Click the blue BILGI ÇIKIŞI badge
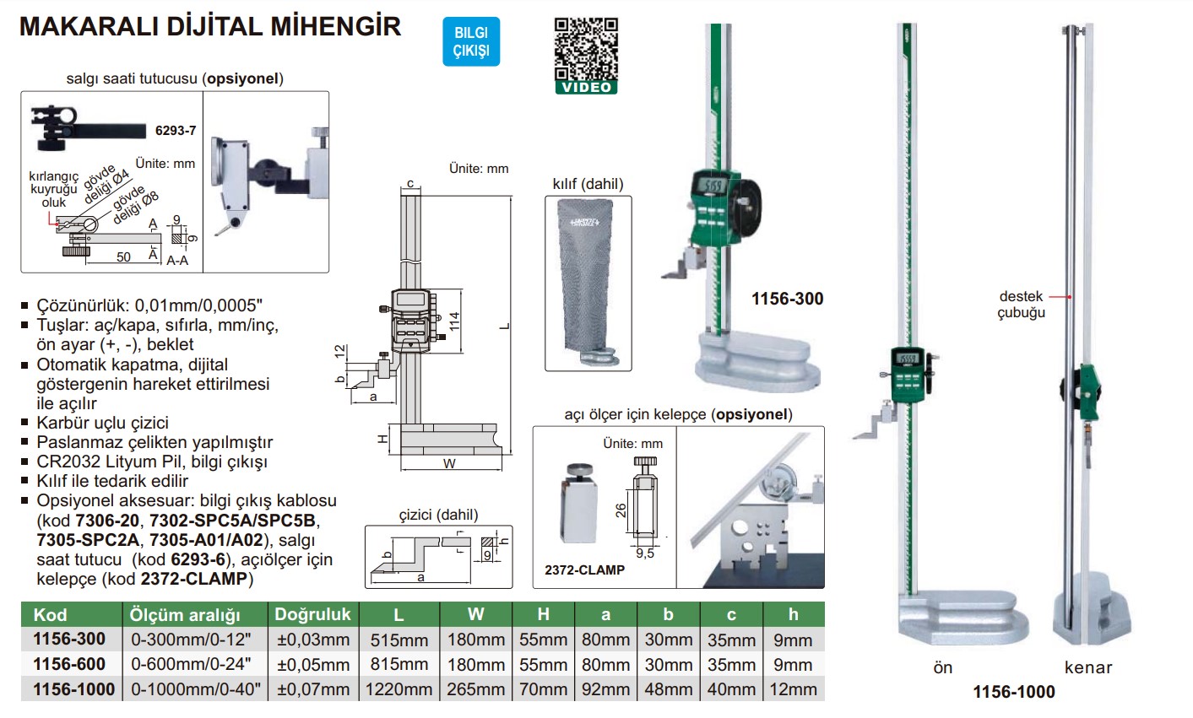(x=471, y=41)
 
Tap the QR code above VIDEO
(x=586, y=49)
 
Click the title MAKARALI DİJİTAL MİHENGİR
(x=209, y=26)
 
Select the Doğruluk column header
(x=312, y=614)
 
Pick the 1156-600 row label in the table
(x=69, y=664)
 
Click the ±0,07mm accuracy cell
(x=312, y=689)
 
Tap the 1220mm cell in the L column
(x=399, y=689)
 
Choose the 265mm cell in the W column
(x=475, y=689)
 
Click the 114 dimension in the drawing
(x=455, y=321)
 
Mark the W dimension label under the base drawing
(x=449, y=463)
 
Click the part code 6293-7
(x=176, y=131)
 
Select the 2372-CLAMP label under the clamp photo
(x=584, y=570)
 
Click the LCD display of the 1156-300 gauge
(x=714, y=186)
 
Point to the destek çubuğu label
(x=1021, y=305)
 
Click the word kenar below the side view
(x=1088, y=667)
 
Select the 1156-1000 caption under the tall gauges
(x=1013, y=692)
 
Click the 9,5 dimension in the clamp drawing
(x=645, y=553)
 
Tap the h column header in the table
(x=793, y=614)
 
